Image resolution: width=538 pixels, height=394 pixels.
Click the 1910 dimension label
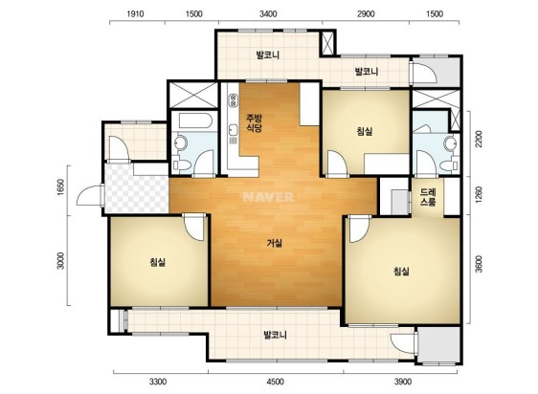tap(135, 14)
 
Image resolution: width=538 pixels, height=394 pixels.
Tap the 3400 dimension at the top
tap(268, 14)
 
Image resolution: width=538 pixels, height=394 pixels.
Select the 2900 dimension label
tap(366, 14)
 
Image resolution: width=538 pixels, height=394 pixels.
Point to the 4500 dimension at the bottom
tap(275, 382)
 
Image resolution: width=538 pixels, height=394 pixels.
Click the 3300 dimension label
tap(158, 382)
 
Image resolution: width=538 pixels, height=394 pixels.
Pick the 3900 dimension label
tap(402, 382)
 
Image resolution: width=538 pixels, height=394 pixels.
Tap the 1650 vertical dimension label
tap(60, 187)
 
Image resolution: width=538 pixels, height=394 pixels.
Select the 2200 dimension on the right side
tap(479, 139)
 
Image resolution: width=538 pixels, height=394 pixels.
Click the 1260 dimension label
tap(479, 194)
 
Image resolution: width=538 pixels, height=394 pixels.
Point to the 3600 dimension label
tap(479, 264)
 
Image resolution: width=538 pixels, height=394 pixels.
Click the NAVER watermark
tap(268, 197)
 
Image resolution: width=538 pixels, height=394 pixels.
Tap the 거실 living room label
tap(275, 244)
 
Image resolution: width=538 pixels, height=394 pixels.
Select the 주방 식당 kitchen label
tap(255, 123)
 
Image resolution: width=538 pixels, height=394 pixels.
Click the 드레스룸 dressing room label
tap(428, 197)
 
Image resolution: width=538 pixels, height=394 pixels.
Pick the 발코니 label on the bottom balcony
tap(275, 335)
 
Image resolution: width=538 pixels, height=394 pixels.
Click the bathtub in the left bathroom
tap(194, 120)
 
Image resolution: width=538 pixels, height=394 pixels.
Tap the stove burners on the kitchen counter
tap(234, 99)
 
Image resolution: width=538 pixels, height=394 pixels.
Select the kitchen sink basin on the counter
tap(234, 131)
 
